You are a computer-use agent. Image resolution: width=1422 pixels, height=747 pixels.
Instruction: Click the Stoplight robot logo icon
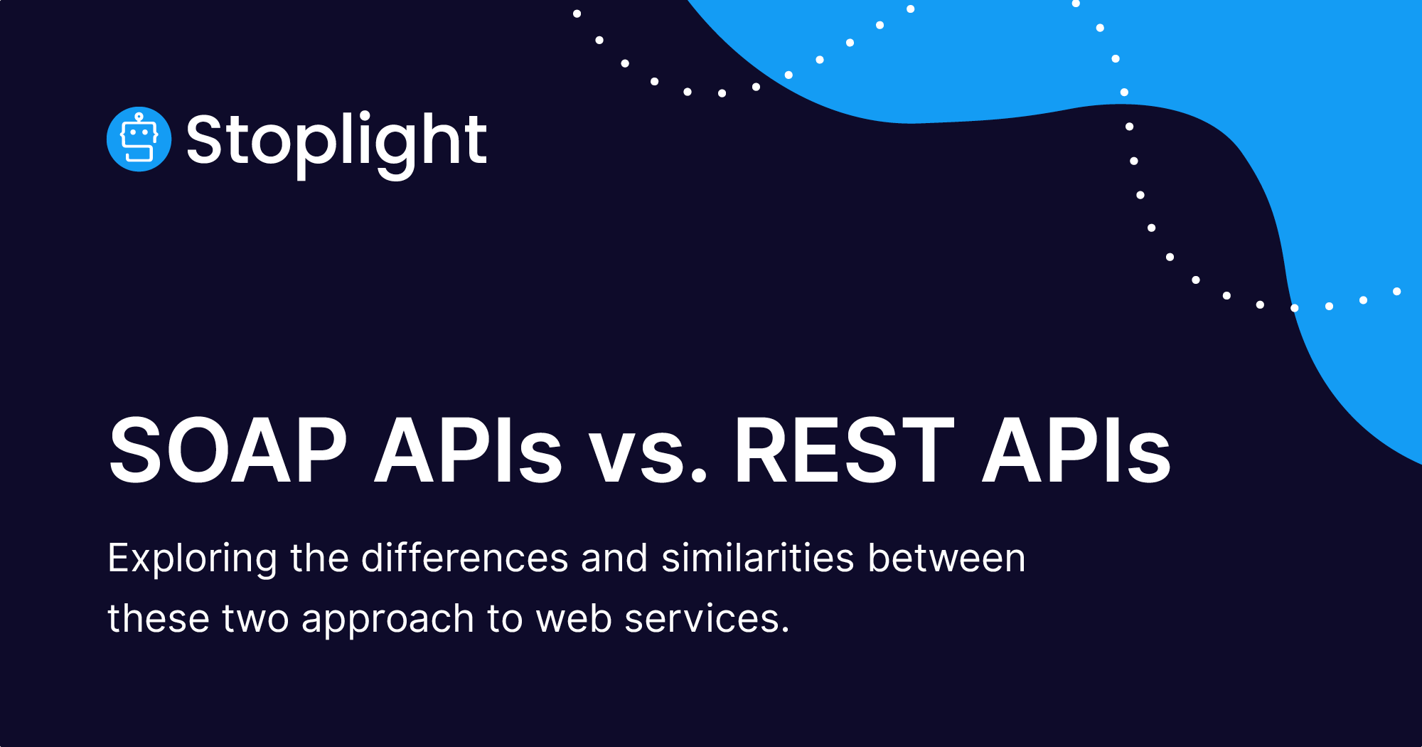coord(139,139)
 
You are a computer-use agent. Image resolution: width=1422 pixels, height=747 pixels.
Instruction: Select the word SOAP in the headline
coord(228,450)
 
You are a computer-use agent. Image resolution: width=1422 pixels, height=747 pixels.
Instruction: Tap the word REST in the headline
coord(844,450)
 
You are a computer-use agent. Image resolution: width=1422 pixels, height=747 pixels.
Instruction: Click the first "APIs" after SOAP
coord(469,450)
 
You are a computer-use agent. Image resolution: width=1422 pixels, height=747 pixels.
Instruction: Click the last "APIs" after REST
coord(1076,450)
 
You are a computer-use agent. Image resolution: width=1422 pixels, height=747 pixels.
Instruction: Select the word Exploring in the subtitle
coord(192,558)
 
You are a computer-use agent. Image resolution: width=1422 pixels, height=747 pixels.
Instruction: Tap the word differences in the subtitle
coord(465,557)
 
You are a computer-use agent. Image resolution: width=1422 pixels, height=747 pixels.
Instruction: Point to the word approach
coord(387,620)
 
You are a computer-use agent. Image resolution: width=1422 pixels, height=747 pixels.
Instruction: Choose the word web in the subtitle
coord(574,618)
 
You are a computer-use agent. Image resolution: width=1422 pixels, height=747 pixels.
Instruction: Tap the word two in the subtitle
coord(255,620)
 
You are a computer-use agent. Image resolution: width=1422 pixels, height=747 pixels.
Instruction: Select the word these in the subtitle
coord(159,618)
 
